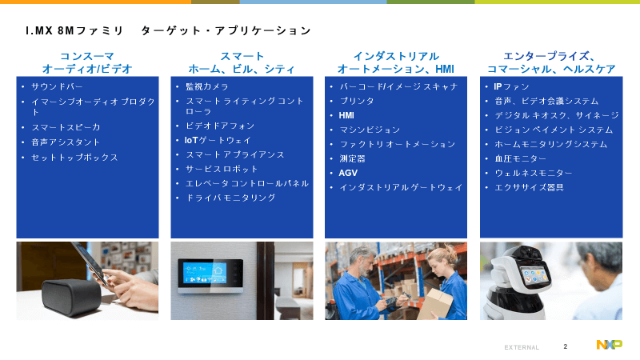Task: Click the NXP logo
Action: (609, 345)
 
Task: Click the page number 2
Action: (566, 346)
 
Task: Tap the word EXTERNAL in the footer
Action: (522, 347)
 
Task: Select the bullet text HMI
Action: (346, 115)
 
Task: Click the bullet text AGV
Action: (348, 173)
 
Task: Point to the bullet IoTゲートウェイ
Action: (218, 141)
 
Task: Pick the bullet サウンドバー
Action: (57, 86)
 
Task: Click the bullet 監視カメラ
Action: (207, 86)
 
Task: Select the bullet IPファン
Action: (511, 86)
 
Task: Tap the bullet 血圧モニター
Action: (521, 158)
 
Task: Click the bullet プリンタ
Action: (357, 101)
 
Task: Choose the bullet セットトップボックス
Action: (74, 158)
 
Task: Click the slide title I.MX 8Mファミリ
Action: (74, 30)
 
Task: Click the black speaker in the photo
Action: (71, 296)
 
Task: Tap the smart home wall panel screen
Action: (205, 272)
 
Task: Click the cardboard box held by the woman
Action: (435, 303)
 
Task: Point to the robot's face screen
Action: (533, 273)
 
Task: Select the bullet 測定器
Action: (352, 158)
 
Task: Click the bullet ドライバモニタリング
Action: (230, 198)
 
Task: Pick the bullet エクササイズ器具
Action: (530, 187)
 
